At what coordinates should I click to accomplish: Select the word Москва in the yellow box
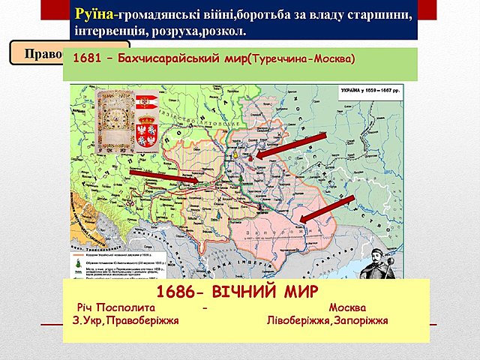coord(347,308)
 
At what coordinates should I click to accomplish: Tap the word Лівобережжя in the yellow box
coord(300,321)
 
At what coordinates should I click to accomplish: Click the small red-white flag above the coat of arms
coord(147,101)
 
